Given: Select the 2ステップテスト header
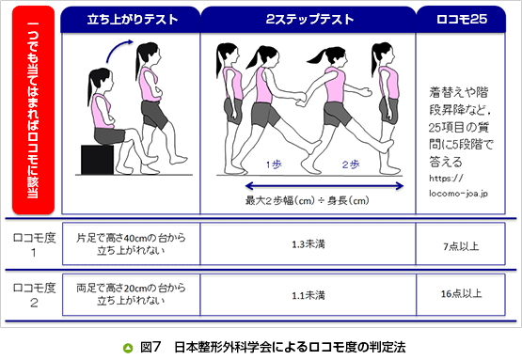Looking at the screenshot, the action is point(308,20).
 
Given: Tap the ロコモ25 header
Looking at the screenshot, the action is point(461,20).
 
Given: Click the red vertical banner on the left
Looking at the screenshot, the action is point(33,110).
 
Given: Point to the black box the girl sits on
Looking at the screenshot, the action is point(97,160).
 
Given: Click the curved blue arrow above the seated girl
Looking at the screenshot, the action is point(119,49).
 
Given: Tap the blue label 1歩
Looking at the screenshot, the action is point(274,164).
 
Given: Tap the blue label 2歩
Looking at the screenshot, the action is point(351,164).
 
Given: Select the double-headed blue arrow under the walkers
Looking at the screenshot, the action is point(324,186).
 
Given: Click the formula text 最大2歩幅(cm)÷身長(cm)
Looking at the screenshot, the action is point(307,200).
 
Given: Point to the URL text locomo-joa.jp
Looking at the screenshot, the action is point(458,194).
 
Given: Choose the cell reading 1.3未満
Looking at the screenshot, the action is point(308,244).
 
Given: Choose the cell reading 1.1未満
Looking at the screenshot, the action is point(308,295).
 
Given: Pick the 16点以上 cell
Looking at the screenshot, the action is point(461,295).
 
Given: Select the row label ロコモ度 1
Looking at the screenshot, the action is point(34,245).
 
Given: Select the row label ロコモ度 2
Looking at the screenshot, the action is point(34,295).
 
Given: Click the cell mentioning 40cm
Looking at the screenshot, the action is point(131,244).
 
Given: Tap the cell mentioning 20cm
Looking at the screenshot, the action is point(131,295).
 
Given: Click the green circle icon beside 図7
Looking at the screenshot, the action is point(128,348).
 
